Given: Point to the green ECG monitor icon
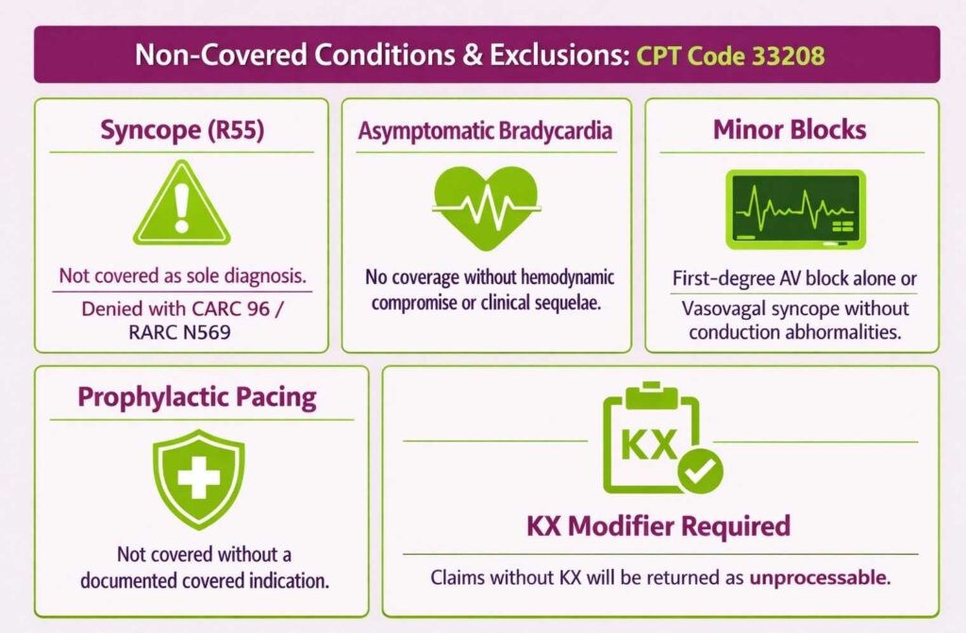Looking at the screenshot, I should (795, 210).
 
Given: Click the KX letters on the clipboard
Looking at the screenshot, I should (650, 444).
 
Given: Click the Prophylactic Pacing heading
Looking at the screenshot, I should (196, 396).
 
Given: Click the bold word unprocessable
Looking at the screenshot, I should (819, 575).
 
